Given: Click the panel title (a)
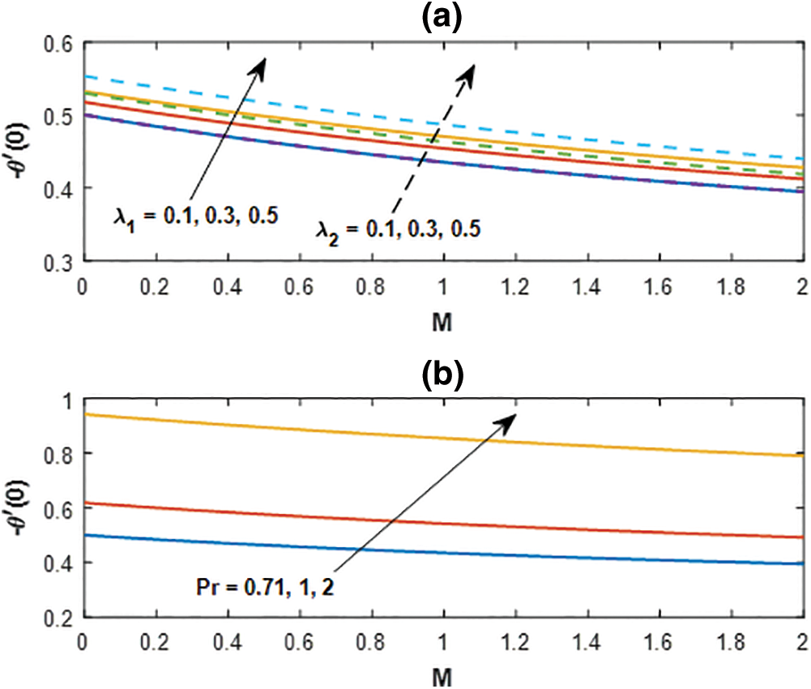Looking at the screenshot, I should (x=442, y=16).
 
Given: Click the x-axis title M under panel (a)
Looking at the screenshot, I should (x=442, y=322).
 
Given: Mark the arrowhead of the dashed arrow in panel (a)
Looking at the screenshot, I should (x=469, y=70).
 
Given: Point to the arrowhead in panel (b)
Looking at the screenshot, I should (x=510, y=418).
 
